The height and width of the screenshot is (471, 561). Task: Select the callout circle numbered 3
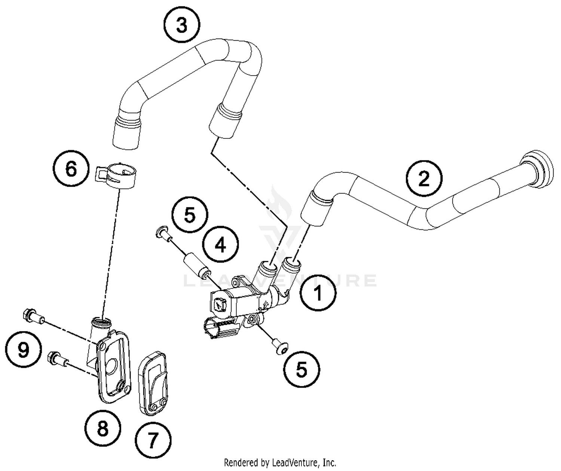[x=182, y=25]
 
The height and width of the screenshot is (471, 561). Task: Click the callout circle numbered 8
[x=102, y=428]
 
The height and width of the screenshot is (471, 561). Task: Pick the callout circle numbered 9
[x=23, y=350]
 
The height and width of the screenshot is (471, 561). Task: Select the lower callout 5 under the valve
[x=301, y=370]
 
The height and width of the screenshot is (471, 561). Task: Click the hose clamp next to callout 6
[x=116, y=175]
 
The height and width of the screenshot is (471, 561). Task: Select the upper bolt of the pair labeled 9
[x=33, y=315]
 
